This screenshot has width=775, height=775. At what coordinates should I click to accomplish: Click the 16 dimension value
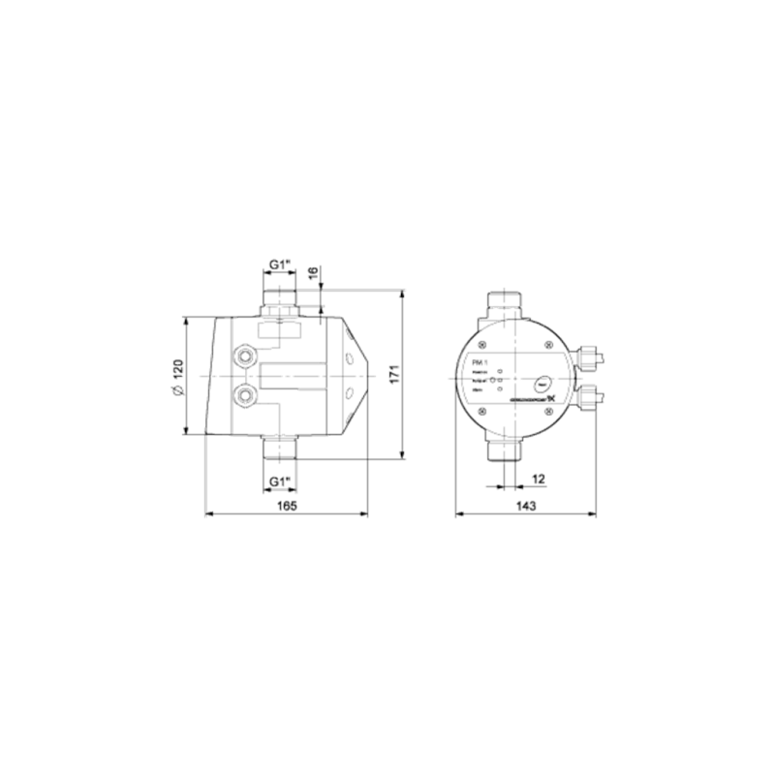(x=313, y=274)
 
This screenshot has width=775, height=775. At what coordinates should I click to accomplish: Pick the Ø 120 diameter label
(x=176, y=376)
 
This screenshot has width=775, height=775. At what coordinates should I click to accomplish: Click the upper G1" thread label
(x=282, y=263)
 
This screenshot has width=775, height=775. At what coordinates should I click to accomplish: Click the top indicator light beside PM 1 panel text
(x=499, y=371)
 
